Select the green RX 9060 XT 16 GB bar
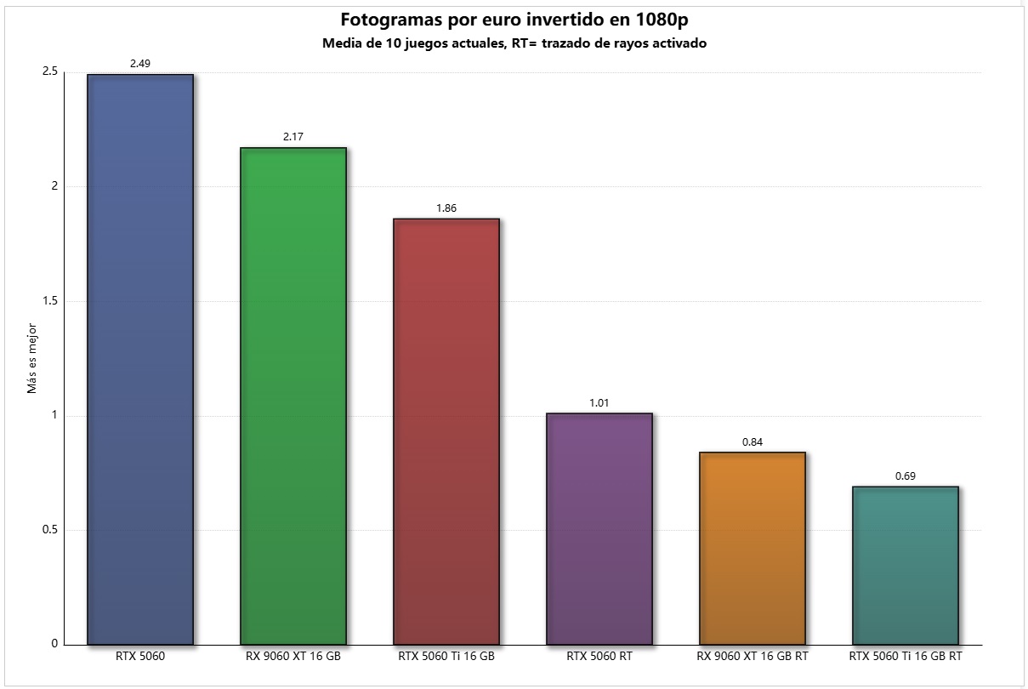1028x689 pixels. point(293,396)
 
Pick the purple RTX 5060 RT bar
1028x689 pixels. point(599,528)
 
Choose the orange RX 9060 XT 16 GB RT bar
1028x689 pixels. point(753,548)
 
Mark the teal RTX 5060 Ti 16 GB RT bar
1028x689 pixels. point(906,565)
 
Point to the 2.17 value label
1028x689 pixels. point(293,136)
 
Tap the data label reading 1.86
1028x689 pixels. point(446,208)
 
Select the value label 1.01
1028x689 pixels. point(599,402)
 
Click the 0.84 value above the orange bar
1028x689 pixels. point(753,441)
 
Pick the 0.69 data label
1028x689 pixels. point(906,475)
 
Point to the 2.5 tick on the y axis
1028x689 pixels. point(49,71)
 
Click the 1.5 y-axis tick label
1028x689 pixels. point(49,301)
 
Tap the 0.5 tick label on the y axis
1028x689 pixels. point(49,530)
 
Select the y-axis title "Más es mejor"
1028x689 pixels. point(32,357)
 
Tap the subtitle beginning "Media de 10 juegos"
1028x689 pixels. point(514,43)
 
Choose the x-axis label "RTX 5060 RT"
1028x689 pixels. point(599,657)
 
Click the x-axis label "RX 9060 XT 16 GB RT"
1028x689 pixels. point(753,657)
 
